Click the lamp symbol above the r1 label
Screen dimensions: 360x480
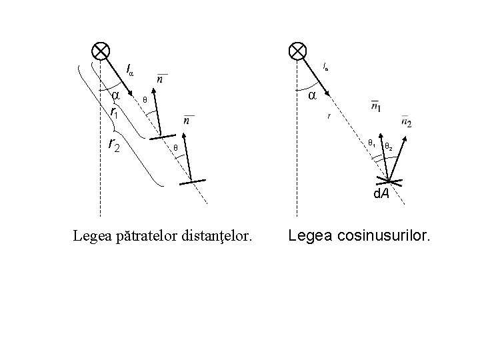pyautogui.click(x=101, y=51)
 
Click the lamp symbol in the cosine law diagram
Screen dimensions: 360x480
pyautogui.click(x=297, y=51)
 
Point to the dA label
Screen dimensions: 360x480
pyautogui.click(x=381, y=194)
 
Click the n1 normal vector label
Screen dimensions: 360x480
pyautogui.click(x=376, y=107)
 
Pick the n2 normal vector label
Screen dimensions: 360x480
pyautogui.click(x=406, y=121)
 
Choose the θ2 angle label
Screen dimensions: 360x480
pyautogui.click(x=389, y=146)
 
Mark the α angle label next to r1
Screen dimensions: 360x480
pyautogui.click(x=114, y=96)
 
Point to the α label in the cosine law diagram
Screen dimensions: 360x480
pyautogui.click(x=311, y=96)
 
